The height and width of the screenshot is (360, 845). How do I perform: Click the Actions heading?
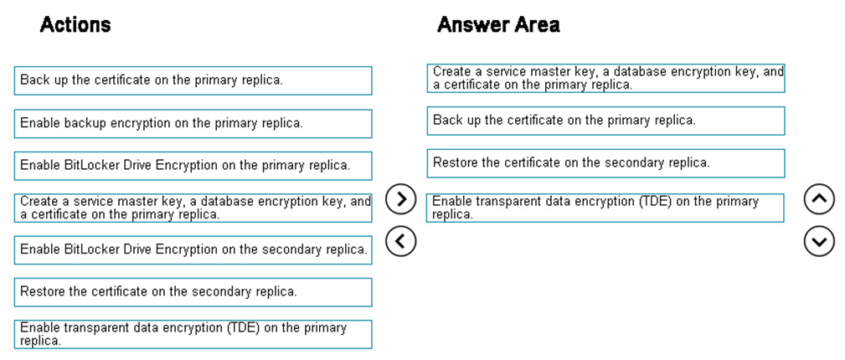(75, 25)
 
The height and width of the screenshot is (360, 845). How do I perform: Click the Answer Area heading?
(498, 25)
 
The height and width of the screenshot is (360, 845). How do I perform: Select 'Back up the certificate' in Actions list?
(193, 80)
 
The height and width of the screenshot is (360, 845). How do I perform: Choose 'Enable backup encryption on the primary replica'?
(193, 123)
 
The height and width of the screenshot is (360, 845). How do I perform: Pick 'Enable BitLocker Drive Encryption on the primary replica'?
(193, 166)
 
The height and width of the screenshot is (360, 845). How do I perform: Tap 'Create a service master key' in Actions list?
(193, 208)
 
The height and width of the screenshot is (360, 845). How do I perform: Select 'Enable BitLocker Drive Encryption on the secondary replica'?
(193, 249)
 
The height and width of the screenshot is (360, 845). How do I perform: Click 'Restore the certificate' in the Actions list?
(193, 292)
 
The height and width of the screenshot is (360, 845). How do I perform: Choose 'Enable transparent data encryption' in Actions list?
(193, 334)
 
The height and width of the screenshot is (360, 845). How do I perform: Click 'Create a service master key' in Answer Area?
(605, 78)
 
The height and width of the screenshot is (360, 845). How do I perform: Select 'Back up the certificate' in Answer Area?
(605, 121)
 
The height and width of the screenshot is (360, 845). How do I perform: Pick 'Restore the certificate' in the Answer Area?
(605, 163)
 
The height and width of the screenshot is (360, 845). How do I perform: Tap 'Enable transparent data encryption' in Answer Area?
(605, 208)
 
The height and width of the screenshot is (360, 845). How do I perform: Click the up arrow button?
(819, 199)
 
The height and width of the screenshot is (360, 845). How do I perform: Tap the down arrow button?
(819, 241)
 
